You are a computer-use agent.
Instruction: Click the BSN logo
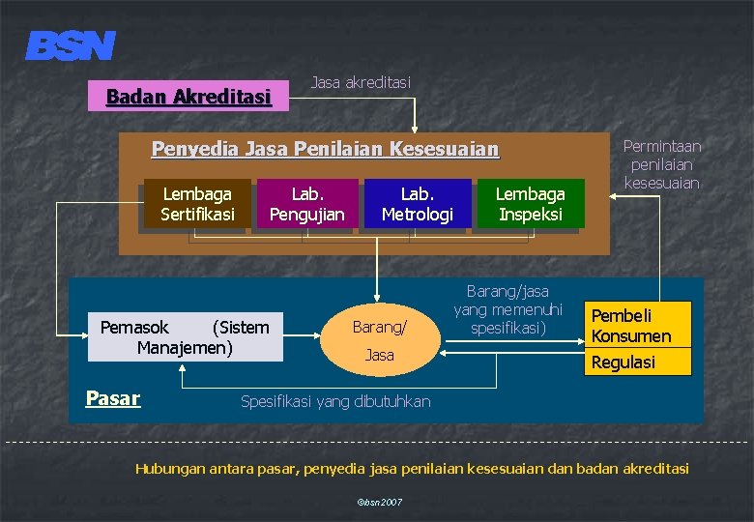[71, 45]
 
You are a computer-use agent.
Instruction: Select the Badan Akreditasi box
[188, 96]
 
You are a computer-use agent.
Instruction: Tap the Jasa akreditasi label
[361, 82]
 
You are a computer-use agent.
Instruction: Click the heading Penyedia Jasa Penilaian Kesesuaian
[326, 149]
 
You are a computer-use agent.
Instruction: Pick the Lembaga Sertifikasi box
[197, 204]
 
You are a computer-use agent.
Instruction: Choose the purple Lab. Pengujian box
[306, 204]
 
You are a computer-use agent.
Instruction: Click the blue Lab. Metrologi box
[417, 204]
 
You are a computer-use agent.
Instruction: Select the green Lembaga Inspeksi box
[530, 204]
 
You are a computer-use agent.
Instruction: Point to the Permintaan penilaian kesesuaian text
[662, 163]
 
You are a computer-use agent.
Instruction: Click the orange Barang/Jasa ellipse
[379, 341]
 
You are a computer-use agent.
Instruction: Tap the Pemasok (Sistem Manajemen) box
[185, 336]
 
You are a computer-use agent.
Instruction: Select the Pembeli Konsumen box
[631, 326]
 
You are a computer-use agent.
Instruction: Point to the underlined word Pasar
[113, 397]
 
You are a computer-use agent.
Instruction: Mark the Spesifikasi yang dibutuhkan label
[335, 400]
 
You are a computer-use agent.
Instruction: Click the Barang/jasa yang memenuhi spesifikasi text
[507, 309]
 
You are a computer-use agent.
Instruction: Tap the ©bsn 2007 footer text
[380, 503]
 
